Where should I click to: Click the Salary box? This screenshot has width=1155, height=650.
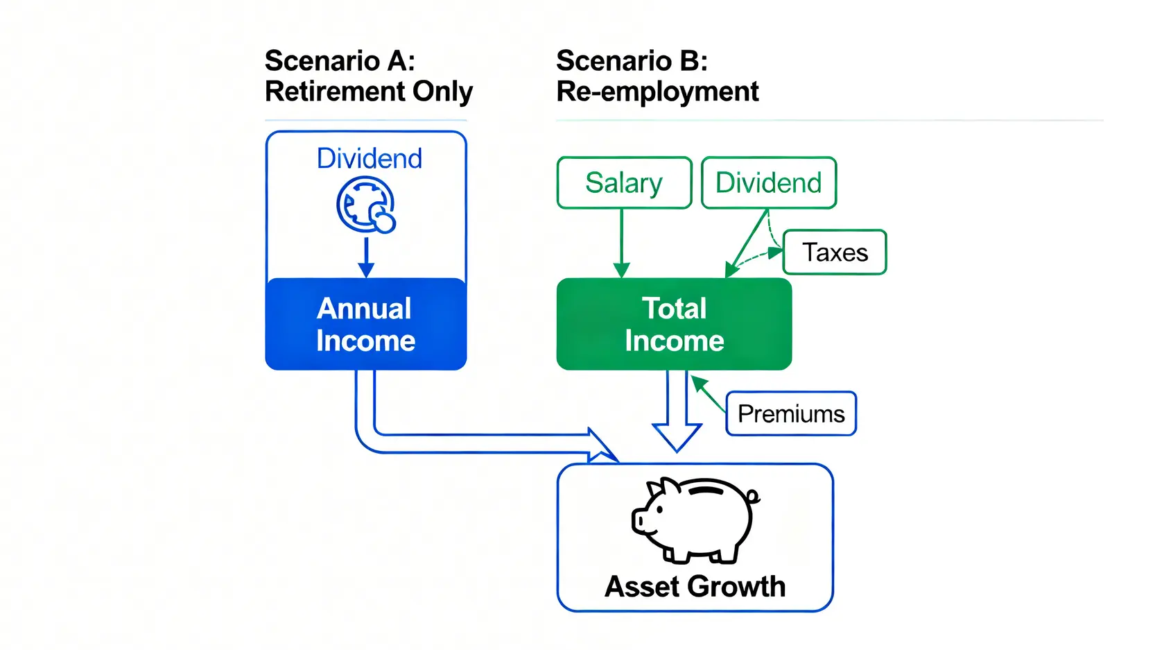tap(624, 183)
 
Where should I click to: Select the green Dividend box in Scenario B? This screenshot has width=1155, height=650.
tap(768, 183)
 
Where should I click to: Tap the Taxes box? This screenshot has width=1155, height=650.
tap(835, 253)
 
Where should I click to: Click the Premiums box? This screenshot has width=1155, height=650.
tap(791, 414)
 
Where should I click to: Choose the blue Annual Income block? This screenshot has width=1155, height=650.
tap(366, 324)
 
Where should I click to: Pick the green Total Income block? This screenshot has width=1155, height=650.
tap(674, 324)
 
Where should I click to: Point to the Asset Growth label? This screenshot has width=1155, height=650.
tap(695, 587)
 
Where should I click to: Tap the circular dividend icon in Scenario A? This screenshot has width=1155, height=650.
tap(366, 205)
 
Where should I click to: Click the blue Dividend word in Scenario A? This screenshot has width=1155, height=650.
tap(369, 159)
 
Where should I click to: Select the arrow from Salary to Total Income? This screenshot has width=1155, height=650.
tap(622, 243)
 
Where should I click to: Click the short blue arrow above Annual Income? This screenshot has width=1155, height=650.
tap(366, 257)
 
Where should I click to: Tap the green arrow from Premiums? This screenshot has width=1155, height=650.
tap(707, 393)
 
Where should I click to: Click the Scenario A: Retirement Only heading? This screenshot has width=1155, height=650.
tap(368, 76)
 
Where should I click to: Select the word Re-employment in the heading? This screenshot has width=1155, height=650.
tap(657, 92)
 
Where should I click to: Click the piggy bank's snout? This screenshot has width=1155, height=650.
tap(639, 521)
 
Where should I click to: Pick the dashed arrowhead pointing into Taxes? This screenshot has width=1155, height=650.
tap(775, 253)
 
